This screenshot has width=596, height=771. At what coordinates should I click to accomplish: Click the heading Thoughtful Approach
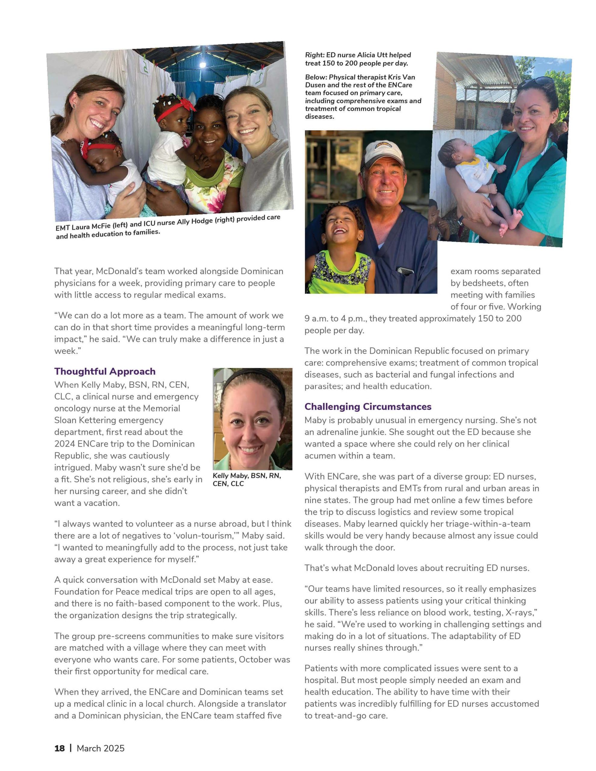[x=105, y=371]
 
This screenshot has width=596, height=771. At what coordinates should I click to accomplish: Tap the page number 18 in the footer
[x=59, y=748]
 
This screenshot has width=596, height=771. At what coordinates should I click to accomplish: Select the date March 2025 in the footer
[x=101, y=748]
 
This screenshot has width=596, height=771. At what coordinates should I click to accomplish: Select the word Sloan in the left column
[x=68, y=420]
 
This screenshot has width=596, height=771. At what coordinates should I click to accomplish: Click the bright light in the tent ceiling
[x=203, y=65]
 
